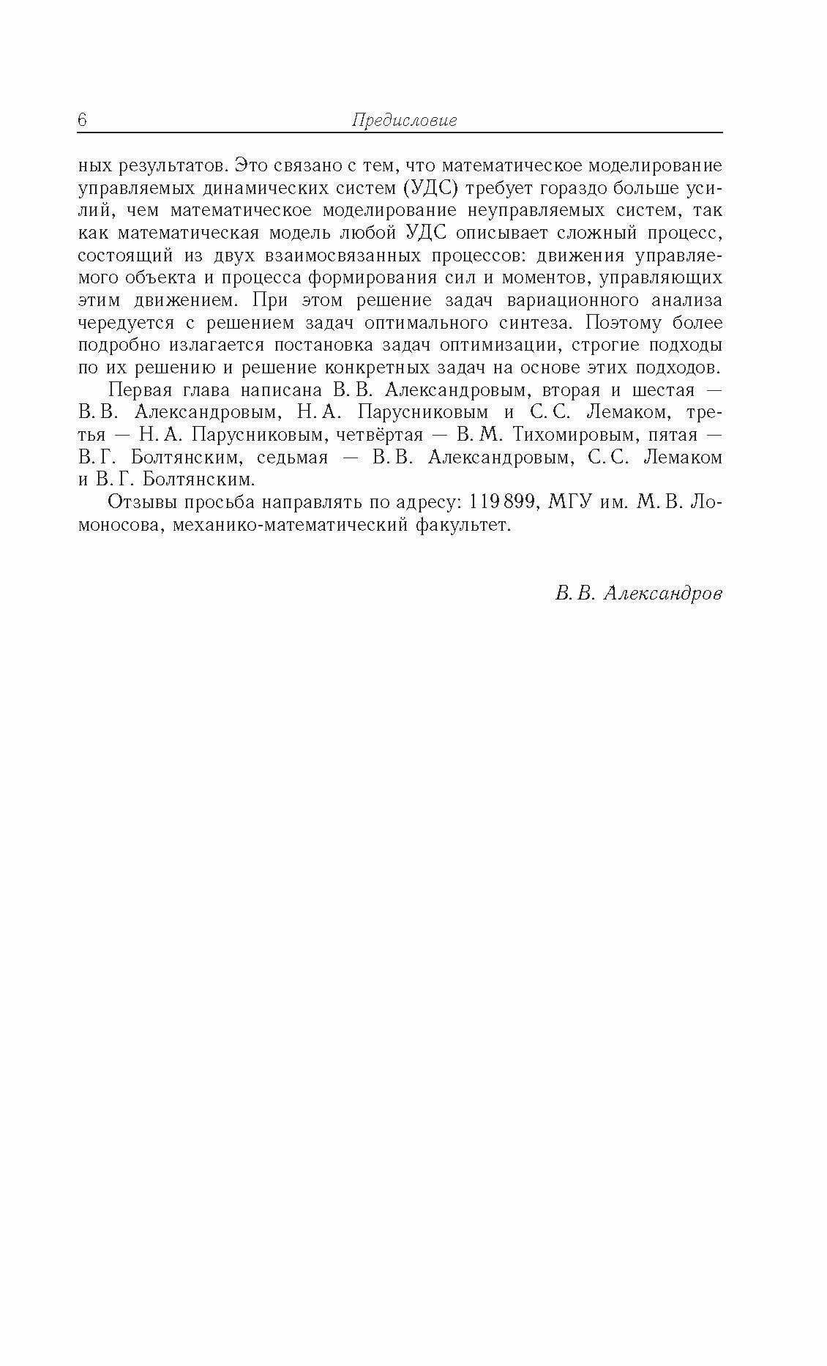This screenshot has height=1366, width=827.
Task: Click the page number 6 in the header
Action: (82, 121)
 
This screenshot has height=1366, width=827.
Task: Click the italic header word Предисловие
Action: (404, 121)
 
